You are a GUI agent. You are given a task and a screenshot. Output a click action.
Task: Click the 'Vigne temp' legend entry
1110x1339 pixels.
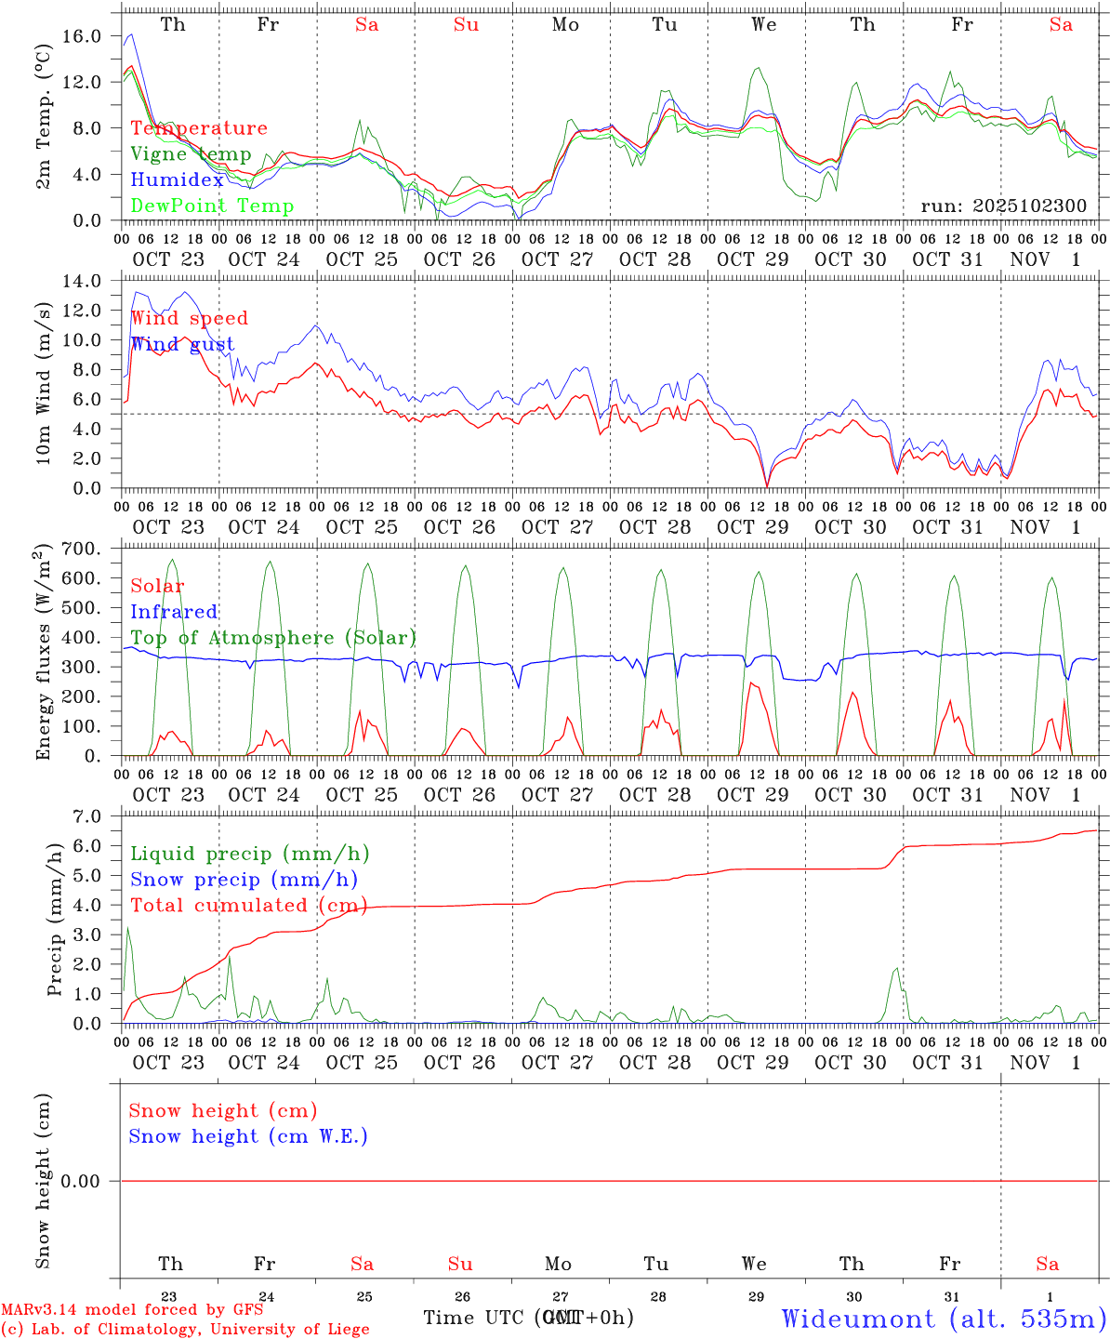pyautogui.click(x=191, y=154)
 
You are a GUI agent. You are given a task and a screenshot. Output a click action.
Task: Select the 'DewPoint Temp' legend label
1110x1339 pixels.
pyautogui.click(x=212, y=206)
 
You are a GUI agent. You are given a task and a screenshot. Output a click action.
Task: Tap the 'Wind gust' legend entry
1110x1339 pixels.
pyautogui.click(x=182, y=344)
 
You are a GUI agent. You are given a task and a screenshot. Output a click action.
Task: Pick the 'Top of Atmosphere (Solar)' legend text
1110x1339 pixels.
pyautogui.click(x=273, y=638)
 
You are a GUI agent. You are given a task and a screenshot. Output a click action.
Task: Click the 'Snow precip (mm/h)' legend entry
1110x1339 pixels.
pyautogui.click(x=244, y=880)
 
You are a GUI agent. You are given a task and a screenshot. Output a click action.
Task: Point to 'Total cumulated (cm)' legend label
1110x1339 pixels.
pyautogui.click(x=248, y=906)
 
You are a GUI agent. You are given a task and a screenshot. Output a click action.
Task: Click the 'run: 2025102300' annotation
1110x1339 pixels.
pyautogui.click(x=1003, y=206)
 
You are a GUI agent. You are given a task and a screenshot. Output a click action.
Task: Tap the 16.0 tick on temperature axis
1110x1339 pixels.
pyautogui.click(x=84, y=35)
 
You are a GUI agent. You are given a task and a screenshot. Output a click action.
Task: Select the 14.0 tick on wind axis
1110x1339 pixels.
pyautogui.click(x=84, y=281)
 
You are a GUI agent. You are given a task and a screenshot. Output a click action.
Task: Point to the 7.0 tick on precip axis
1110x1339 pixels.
pyautogui.click(x=86, y=816)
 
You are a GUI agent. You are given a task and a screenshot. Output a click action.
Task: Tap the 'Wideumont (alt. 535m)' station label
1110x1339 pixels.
pyautogui.click(x=944, y=1319)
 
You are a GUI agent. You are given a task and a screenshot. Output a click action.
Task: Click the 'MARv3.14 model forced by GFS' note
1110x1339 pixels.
pyautogui.click(x=132, y=1310)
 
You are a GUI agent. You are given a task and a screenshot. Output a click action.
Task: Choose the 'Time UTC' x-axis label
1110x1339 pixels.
pyautogui.click(x=476, y=1318)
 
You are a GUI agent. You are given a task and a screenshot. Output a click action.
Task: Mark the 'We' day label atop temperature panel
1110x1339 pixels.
pyautogui.click(x=764, y=25)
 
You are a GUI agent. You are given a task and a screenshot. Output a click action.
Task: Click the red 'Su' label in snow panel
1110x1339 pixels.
pyautogui.click(x=460, y=1264)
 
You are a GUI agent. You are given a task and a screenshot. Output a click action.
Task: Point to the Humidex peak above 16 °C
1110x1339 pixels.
pyautogui.click(x=132, y=34)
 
